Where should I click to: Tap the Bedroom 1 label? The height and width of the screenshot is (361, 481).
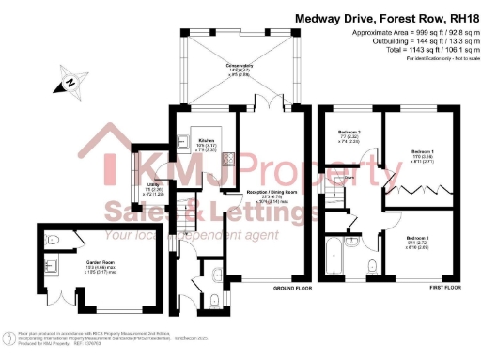coord(422,157)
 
